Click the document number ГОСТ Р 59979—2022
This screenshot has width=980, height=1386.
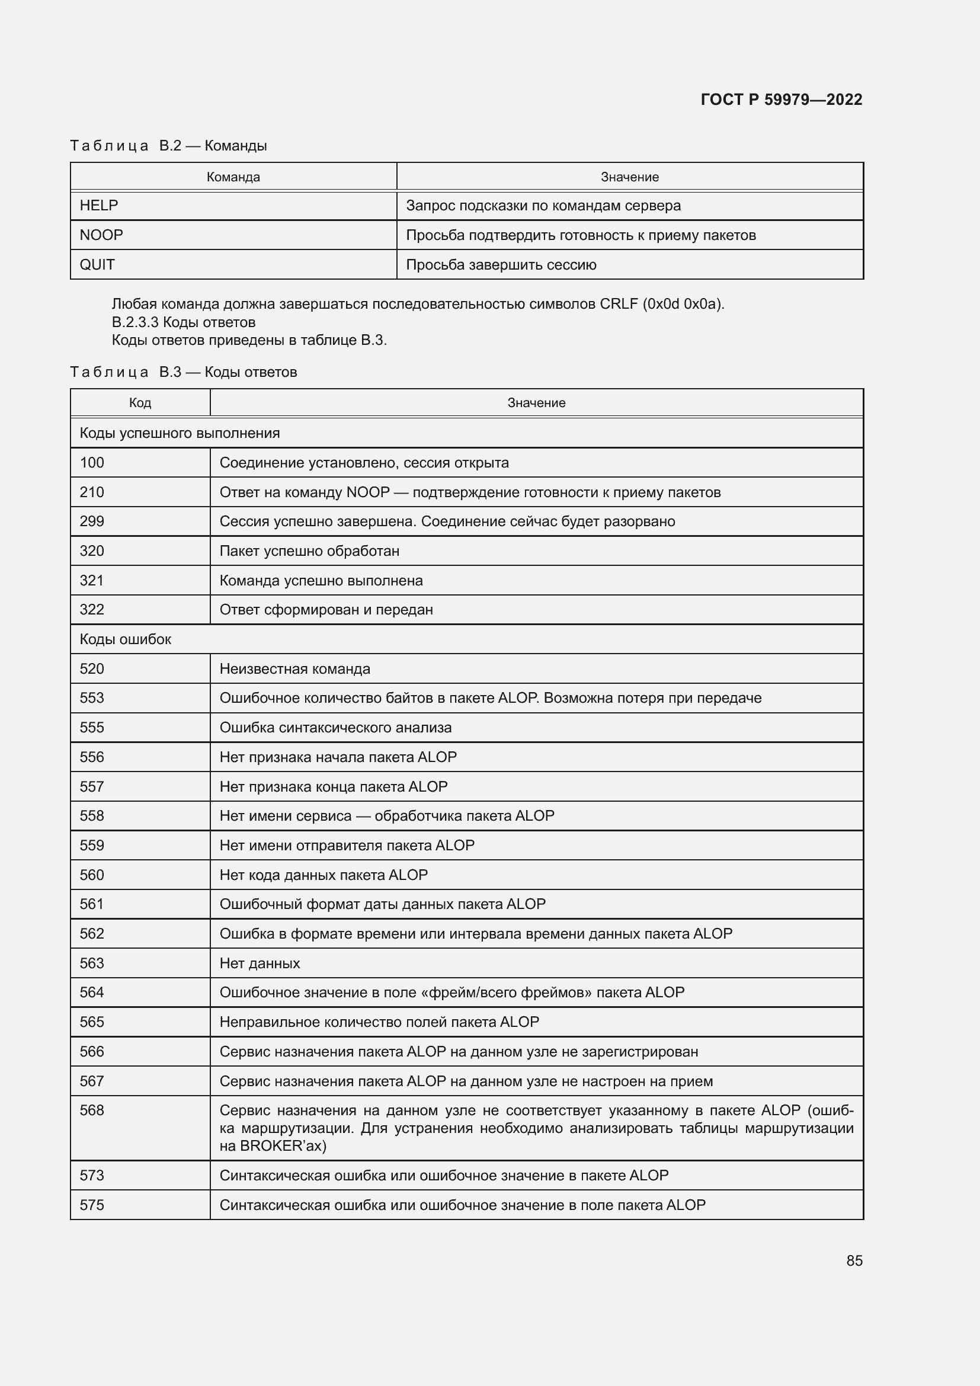(781, 100)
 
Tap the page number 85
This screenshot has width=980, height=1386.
(854, 1260)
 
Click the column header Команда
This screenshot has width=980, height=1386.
(233, 177)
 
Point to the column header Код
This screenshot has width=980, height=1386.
(140, 402)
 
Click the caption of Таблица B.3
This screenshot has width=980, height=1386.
(184, 372)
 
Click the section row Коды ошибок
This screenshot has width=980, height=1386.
(126, 639)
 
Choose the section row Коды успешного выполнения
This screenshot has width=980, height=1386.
(180, 433)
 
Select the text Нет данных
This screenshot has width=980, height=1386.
(260, 963)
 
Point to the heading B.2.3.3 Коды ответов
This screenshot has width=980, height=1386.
(184, 322)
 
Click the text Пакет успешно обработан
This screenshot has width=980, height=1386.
(309, 550)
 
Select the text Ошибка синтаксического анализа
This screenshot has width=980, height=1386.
(335, 728)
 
